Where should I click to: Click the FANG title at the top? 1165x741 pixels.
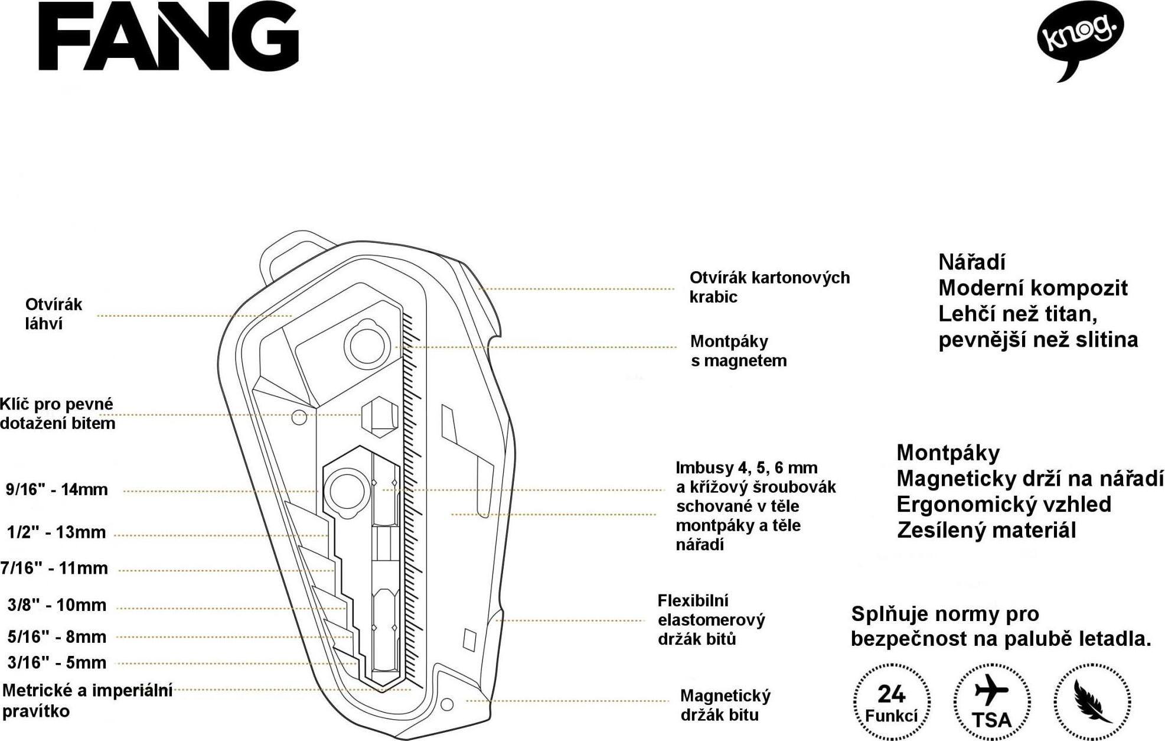point(169,38)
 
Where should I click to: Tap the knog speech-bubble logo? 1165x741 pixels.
point(1080,41)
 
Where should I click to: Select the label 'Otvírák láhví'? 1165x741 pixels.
point(53,314)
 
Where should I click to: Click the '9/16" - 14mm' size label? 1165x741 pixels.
point(57,489)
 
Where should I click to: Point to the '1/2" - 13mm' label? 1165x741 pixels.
point(56,532)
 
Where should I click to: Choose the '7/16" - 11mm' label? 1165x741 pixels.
point(54,568)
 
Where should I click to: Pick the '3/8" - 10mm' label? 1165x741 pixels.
point(57,605)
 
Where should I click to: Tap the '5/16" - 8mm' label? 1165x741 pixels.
point(57,637)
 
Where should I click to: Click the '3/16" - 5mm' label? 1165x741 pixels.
point(57,662)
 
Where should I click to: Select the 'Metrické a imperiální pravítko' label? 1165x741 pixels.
point(87,700)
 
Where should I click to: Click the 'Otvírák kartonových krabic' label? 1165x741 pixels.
point(769,287)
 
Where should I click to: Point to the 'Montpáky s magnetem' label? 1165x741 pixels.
point(738,351)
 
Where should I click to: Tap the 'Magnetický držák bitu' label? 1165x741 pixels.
point(725,705)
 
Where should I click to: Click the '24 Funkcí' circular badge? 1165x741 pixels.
point(892,701)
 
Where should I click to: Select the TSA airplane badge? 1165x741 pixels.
point(992,701)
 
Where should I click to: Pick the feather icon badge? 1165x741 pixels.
point(1092,701)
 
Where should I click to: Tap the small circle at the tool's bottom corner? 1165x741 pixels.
point(447,704)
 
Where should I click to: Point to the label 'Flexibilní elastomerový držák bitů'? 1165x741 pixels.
point(712,620)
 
